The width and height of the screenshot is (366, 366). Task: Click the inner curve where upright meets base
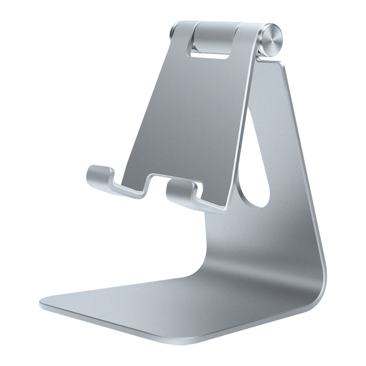[215, 256]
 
